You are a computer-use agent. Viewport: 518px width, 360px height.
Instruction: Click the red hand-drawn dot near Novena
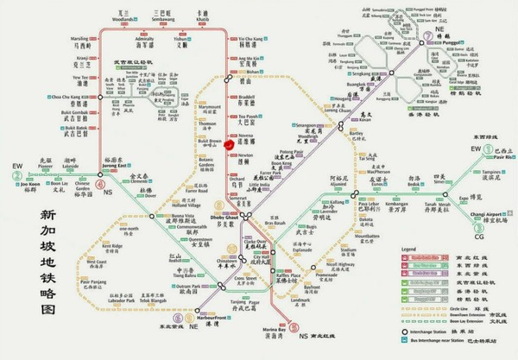[227, 145]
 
